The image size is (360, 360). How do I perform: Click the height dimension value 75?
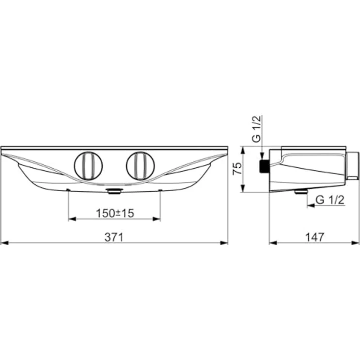pos(236,169)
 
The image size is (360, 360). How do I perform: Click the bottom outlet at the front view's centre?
pos(114,192)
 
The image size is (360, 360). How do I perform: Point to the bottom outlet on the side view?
pos(300,192)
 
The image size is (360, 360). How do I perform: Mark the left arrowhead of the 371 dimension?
pos(4,242)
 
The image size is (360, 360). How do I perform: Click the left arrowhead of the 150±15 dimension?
pos(71,219)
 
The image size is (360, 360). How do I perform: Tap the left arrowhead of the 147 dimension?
pos(272,242)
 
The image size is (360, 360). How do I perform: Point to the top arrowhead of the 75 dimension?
pos(244,149)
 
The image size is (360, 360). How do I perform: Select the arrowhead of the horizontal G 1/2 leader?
pos(309,206)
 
